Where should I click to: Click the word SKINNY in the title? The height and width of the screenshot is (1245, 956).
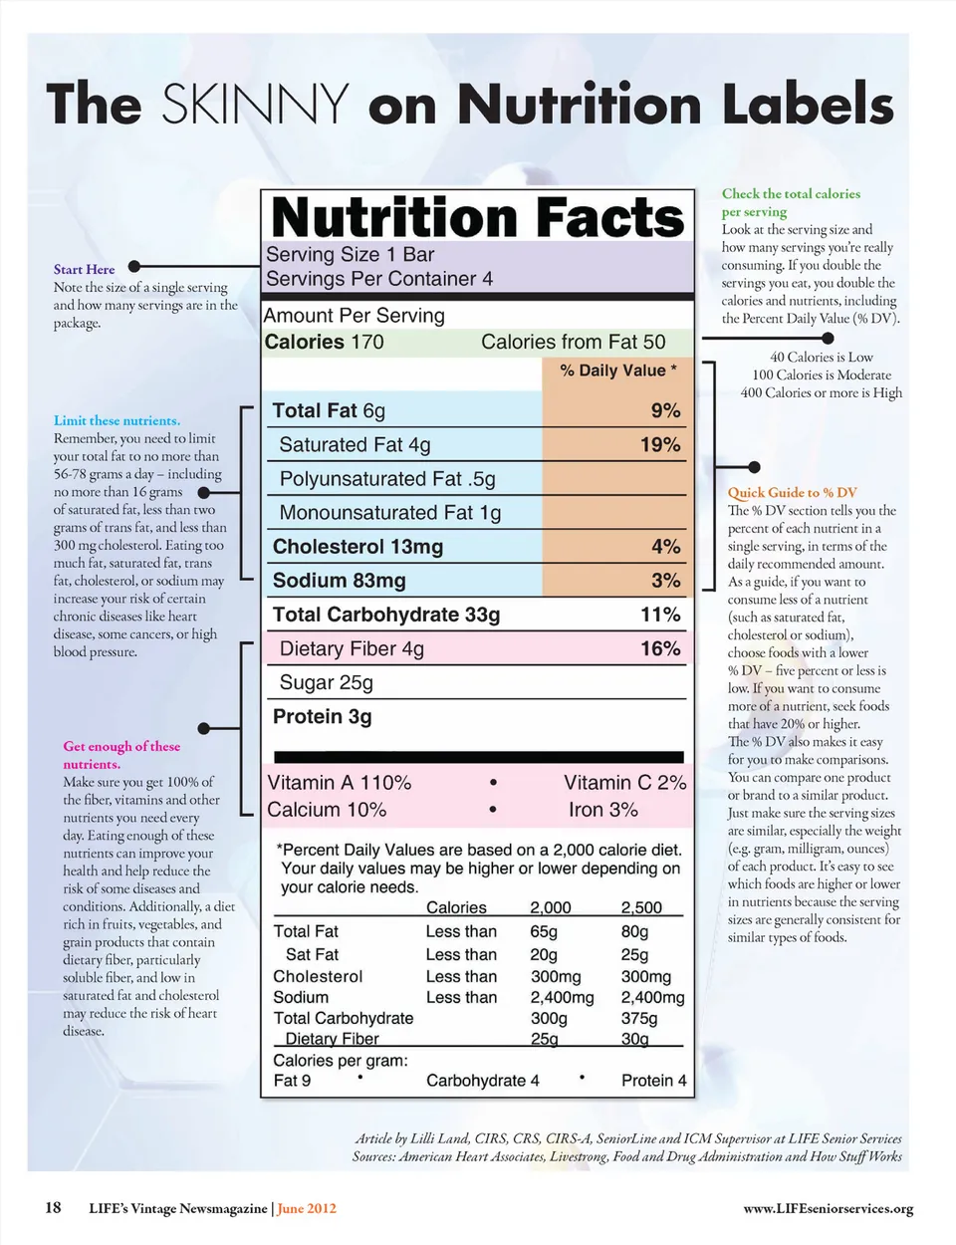[x=255, y=104]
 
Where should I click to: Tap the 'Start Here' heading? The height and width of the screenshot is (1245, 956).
[x=84, y=269]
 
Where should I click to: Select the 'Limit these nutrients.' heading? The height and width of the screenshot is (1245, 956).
[x=117, y=420]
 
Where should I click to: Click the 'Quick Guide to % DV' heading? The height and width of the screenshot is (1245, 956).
[x=792, y=492]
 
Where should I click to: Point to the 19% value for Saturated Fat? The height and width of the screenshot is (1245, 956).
[x=660, y=445]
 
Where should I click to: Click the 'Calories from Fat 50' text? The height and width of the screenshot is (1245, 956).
[x=573, y=343]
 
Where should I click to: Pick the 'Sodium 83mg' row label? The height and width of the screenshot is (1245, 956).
[x=339, y=581]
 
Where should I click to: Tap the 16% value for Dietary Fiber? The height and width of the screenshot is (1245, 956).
[x=660, y=648]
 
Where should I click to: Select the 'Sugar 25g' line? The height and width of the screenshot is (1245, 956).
[x=326, y=683]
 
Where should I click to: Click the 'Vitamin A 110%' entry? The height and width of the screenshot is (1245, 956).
[x=339, y=783]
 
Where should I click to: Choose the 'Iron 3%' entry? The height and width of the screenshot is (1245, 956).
[x=602, y=810]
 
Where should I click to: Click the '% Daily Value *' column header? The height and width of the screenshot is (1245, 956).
[x=617, y=371]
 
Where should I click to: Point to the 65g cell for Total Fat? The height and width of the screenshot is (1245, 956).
[x=544, y=932]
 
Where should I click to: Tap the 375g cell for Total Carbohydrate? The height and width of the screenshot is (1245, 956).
[x=639, y=1019]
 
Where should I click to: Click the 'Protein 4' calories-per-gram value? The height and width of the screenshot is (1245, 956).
[x=653, y=1081]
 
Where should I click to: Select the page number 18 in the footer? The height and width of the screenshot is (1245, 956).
[x=53, y=1208]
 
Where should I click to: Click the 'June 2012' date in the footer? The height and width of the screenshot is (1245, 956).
[x=307, y=1209]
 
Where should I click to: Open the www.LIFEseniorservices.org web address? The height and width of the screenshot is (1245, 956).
[x=828, y=1209]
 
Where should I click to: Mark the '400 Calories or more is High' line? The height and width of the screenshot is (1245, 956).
[x=821, y=392]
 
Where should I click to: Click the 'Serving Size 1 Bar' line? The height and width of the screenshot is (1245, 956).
[x=350, y=255]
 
